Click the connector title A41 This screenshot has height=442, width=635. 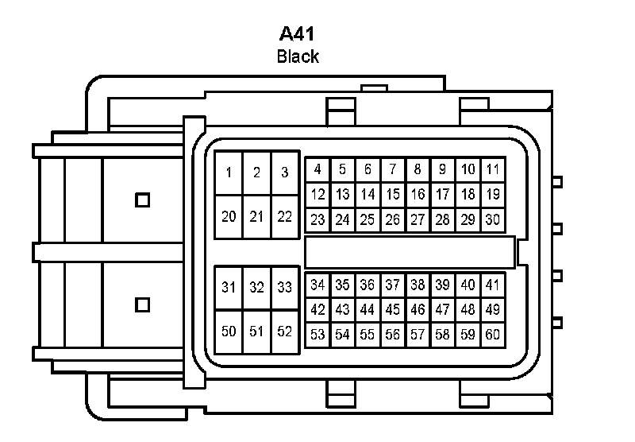coord(298,34)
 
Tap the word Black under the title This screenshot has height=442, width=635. coord(298,56)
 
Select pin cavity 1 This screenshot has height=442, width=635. coord(229,173)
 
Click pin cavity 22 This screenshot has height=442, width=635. coord(284,216)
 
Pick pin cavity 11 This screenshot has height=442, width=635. coord(493,169)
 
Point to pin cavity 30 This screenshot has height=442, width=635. coord(493,220)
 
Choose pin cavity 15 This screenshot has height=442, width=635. coord(393,194)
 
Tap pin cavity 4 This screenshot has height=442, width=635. coord(317,169)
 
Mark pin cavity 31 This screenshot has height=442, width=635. coord(229,288)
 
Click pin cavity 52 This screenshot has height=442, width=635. coord(284,331)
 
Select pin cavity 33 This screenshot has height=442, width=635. coord(284,288)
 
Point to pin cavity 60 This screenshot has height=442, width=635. coord(493,335)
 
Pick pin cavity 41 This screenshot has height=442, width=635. coord(493,285)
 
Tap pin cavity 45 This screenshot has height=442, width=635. coord(393,309)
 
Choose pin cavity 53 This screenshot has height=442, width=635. coord(317,335)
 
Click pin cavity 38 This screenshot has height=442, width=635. coord(418,285)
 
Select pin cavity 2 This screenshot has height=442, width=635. coord(256,173)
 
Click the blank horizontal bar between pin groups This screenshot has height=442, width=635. coord(410,252)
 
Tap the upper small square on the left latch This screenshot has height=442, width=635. coord(142,200)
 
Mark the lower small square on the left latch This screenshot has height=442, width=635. coord(142,304)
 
